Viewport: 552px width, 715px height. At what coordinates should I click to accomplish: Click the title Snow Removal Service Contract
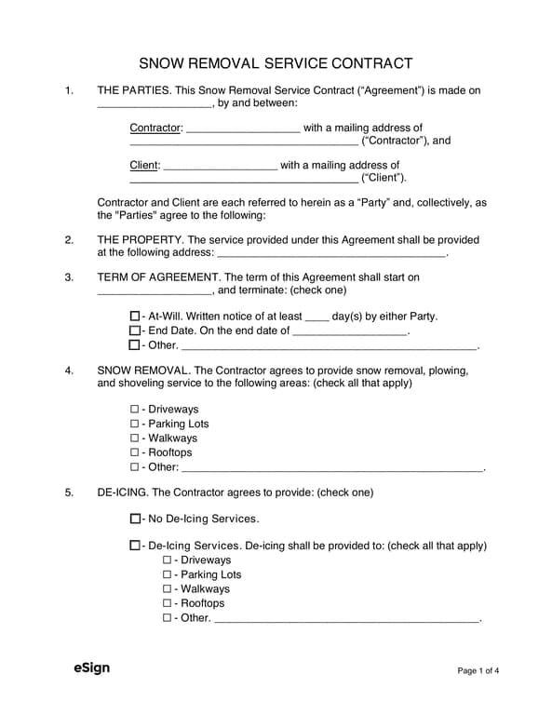[x=276, y=63]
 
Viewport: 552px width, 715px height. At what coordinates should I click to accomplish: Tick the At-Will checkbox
[x=135, y=317]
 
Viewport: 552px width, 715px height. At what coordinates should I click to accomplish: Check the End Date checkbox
[x=135, y=331]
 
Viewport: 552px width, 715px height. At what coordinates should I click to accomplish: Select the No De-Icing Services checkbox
[x=135, y=519]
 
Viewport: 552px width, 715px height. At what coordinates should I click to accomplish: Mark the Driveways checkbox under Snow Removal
[x=135, y=410]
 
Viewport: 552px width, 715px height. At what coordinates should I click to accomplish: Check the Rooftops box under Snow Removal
[x=135, y=452]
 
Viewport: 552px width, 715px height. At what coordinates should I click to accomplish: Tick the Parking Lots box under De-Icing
[x=168, y=575]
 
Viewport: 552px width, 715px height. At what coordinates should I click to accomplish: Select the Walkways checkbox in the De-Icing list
[x=168, y=589]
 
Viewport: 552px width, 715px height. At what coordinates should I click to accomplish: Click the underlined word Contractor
[x=155, y=128]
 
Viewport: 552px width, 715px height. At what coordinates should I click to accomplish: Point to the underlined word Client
[x=144, y=166]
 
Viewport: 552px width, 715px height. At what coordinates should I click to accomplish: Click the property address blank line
[x=330, y=254]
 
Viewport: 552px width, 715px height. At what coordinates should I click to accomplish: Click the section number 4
[x=69, y=371]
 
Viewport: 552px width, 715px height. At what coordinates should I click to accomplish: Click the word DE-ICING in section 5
[x=121, y=492]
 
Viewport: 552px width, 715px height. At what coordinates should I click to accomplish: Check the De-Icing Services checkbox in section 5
[x=135, y=546]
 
